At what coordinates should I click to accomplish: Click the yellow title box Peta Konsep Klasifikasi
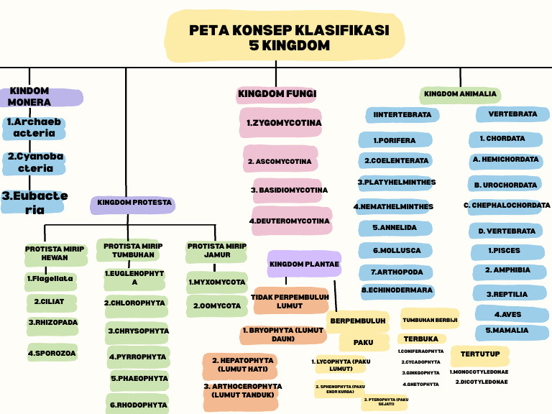(289, 38)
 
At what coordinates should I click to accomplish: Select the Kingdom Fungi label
(277, 94)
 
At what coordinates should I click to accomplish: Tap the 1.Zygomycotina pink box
(283, 123)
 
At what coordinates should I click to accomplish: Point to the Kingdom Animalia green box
(460, 94)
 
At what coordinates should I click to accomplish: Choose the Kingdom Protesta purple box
(134, 203)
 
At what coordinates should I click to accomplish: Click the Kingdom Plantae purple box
(304, 264)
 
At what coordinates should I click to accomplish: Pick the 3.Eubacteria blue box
(34, 202)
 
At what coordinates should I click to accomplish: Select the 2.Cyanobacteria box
(34, 162)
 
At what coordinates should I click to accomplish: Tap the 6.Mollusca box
(396, 251)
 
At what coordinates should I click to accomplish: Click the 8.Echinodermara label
(397, 290)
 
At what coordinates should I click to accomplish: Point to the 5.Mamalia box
(511, 331)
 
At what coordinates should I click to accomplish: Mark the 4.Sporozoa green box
(52, 354)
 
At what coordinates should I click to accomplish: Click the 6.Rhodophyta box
(138, 405)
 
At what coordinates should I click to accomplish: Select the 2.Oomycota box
(216, 306)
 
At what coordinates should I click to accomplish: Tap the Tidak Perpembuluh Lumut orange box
(290, 301)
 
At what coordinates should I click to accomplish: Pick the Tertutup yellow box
(480, 354)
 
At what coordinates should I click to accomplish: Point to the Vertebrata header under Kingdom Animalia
(512, 114)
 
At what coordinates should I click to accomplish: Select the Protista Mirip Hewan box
(55, 253)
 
